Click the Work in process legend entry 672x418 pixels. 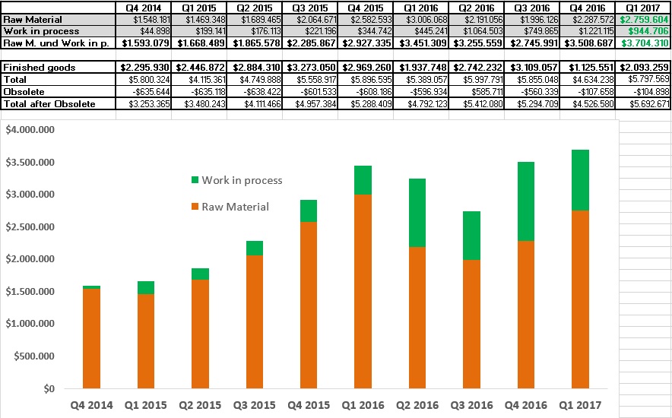click(236, 180)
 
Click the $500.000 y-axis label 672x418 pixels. click(32, 356)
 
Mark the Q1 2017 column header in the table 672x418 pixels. click(643, 8)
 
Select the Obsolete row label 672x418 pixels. click(24, 91)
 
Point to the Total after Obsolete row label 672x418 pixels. click(49, 103)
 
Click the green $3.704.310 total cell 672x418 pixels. click(644, 43)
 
